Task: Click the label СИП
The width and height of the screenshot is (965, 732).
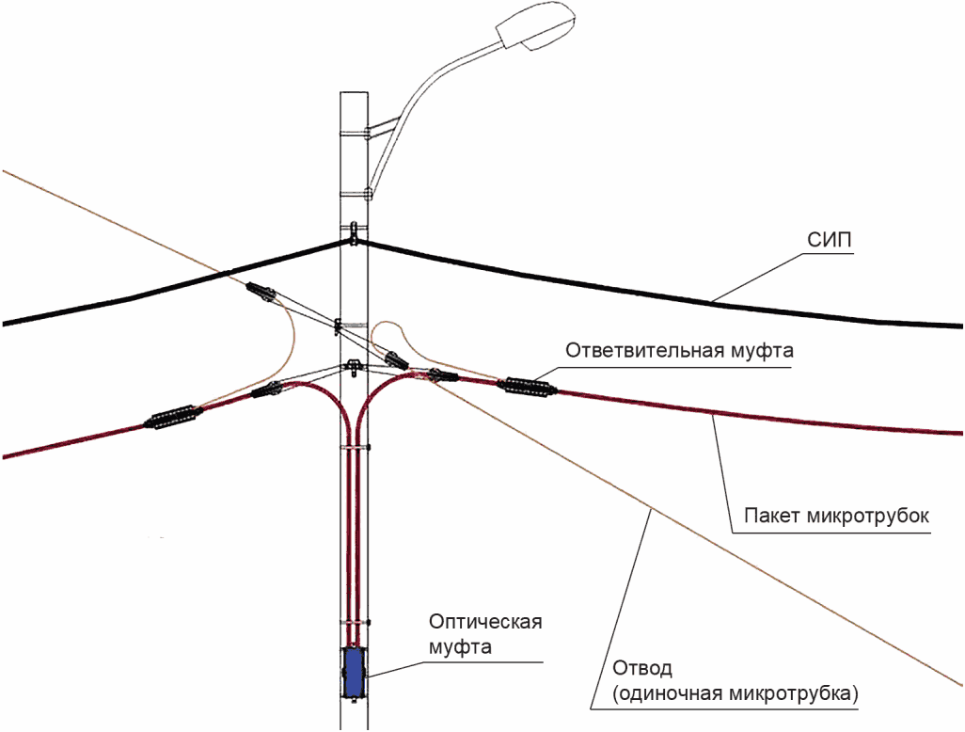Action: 830,240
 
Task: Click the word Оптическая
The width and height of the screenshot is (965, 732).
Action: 485,622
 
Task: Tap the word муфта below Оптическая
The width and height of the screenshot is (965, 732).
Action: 460,647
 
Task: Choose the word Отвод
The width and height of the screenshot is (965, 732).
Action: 641,668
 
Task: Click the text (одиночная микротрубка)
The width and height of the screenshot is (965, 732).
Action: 735,693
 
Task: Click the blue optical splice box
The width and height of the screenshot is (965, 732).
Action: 354,673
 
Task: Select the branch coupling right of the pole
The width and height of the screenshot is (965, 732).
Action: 526,387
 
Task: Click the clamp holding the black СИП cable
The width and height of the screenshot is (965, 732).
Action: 354,233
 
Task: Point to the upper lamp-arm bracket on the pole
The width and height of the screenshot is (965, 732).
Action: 356,133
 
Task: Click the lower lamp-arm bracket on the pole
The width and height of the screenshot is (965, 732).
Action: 356,194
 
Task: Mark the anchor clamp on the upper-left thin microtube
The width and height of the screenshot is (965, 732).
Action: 261,292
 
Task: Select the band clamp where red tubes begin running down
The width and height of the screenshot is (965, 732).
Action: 356,448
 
